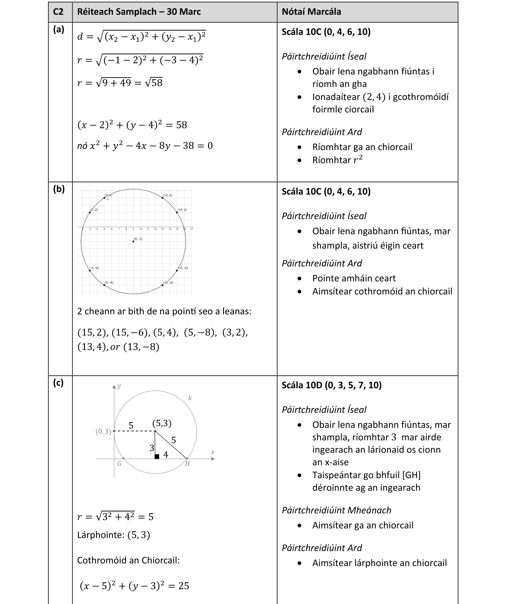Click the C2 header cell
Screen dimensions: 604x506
coord(58,12)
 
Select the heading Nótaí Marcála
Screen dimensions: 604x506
coord(311,12)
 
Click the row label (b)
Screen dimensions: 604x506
coord(59,189)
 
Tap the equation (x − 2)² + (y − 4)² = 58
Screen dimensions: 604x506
coord(132,125)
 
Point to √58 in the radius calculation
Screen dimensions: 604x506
coord(154,83)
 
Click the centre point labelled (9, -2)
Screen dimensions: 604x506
coord(133,241)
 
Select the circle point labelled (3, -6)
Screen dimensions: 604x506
coord(90,271)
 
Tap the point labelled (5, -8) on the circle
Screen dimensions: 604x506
coord(104,285)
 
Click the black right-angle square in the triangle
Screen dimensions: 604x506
coord(157,456)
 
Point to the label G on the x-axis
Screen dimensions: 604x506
coord(119,463)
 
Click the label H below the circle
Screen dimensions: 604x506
coord(187,463)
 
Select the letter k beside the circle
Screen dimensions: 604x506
coord(190,398)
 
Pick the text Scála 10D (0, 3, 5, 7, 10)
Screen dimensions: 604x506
coord(332,385)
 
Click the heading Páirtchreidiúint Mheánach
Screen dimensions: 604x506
coord(336,510)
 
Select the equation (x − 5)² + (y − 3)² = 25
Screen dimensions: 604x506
coord(134,586)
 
